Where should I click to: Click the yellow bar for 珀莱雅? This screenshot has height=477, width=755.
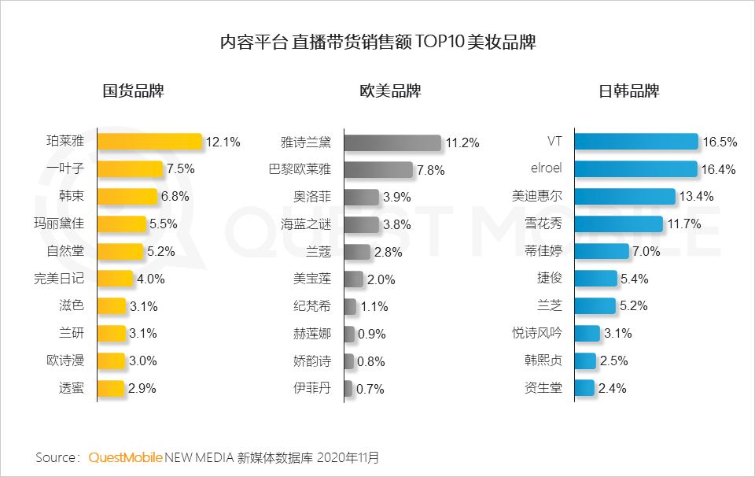(149, 142)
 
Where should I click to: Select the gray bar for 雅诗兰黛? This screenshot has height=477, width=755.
(392, 142)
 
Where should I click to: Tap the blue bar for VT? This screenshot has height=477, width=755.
(635, 142)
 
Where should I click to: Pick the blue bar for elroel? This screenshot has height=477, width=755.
(635, 168)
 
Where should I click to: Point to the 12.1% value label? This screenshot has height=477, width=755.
(223, 142)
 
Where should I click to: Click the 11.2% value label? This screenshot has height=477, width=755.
(462, 143)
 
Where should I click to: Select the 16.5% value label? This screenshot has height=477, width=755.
(720, 142)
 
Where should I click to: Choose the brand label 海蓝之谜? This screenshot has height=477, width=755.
(307, 224)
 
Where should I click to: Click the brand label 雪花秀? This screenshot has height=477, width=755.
(544, 224)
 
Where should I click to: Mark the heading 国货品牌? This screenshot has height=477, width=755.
(134, 91)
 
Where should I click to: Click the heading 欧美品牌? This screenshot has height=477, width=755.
(390, 91)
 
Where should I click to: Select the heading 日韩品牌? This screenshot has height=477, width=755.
(629, 91)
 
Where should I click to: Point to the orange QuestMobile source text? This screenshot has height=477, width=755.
(126, 457)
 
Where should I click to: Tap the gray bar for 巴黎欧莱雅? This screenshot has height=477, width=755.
(378, 169)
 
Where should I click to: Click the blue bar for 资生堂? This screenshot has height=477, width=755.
(584, 387)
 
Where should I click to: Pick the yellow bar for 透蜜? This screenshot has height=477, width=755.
(112, 388)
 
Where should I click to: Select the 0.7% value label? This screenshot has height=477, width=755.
(370, 389)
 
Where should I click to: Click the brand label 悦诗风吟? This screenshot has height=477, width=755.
(537, 333)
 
